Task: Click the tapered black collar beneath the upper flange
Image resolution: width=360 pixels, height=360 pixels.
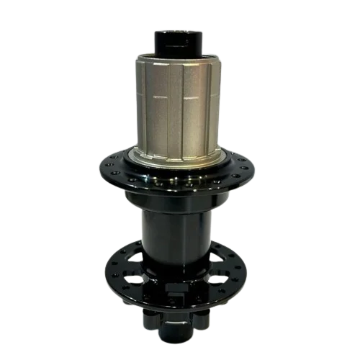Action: pos(179,198)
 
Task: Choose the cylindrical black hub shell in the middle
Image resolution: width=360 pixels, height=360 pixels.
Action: pos(179,230)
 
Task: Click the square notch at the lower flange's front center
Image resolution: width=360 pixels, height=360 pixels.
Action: pos(179,291)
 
